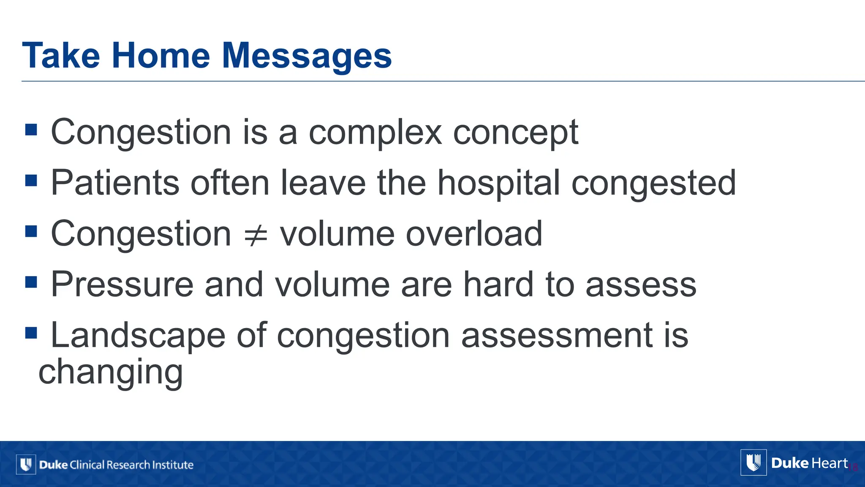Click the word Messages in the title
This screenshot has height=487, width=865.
point(307,56)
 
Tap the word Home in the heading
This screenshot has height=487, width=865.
point(160,56)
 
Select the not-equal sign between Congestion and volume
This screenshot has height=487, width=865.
point(256,235)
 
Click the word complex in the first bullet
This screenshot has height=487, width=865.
point(375,133)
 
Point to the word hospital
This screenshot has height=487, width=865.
point(498,183)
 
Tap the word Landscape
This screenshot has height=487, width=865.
point(138,336)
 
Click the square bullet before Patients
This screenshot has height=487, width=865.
point(31,181)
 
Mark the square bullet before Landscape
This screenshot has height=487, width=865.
point(31,333)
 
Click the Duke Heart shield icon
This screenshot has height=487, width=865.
point(753,462)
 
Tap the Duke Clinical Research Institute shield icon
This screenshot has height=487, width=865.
point(26,465)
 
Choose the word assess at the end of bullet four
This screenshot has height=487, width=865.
point(641,285)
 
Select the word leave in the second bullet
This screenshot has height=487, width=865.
point(323,183)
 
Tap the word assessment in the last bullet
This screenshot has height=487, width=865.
point(557,336)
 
